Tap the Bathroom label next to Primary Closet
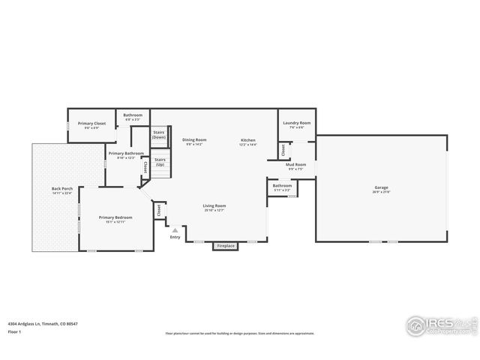(x=133, y=117)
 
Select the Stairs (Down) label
(x=159, y=135)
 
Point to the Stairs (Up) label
(x=160, y=161)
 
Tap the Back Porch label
(x=61, y=190)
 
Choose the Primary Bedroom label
(x=115, y=219)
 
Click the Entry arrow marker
(x=175, y=231)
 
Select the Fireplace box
(x=225, y=245)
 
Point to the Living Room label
(x=214, y=207)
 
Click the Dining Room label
(x=195, y=141)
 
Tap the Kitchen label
(x=248, y=142)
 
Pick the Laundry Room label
(x=297, y=124)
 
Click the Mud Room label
(x=295, y=166)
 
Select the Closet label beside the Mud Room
(x=283, y=149)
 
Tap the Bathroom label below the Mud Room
(x=282, y=187)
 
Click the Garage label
(x=381, y=188)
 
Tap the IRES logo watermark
(x=440, y=325)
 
